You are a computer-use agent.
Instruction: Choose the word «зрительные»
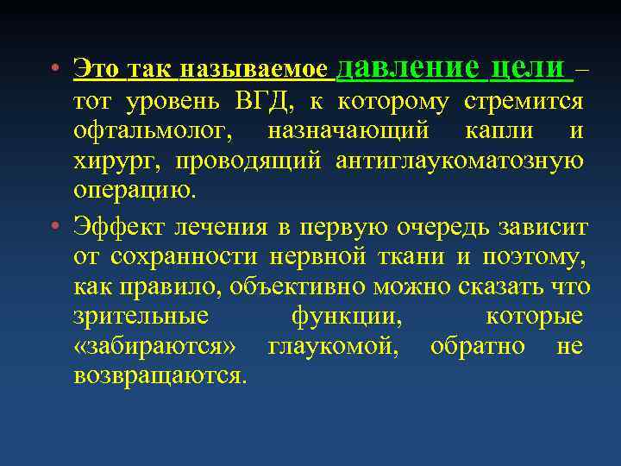click(141, 316)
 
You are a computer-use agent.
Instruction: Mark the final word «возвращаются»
click(160, 375)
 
